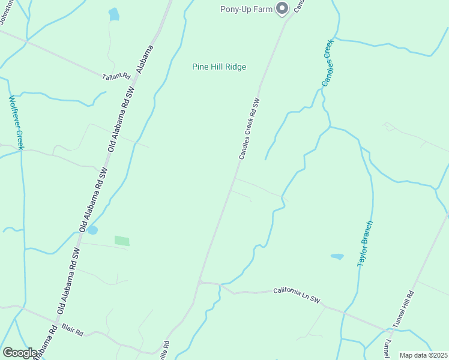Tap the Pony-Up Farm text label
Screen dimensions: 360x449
pos(246,8)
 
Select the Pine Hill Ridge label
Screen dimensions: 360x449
pos(219,67)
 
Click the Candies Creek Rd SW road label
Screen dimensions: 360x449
pos(249,129)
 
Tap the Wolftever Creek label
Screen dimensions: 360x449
pos(16,123)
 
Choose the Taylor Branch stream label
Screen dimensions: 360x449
pos(366,244)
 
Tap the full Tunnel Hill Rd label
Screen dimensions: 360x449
pos(403,309)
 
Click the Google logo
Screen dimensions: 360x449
pos(20,353)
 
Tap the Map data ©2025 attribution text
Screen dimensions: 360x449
pos(423,355)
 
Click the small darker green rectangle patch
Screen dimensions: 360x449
pos(122,241)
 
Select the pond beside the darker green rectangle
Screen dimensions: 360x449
pos(92,230)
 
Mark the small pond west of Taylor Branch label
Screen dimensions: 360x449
pos(337,256)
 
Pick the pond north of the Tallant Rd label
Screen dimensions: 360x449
pos(113,14)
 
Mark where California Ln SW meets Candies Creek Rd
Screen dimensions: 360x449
pos(200,281)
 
